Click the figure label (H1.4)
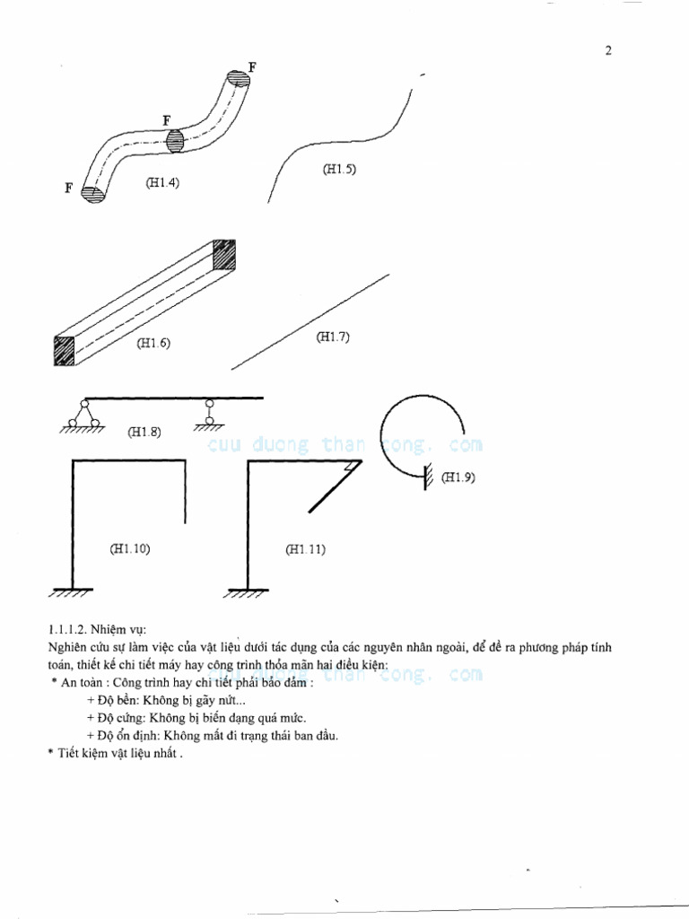click(162, 183)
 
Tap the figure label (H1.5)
click(339, 168)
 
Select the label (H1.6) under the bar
click(153, 343)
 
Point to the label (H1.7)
click(333, 337)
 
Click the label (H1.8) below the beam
click(144, 432)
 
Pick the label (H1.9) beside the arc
click(458, 477)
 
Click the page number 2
click(607, 50)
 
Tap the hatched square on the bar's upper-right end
click(224, 254)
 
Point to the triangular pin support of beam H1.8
click(83, 415)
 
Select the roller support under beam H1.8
click(209, 414)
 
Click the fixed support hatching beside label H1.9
click(428, 475)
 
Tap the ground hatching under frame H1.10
click(70, 593)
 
